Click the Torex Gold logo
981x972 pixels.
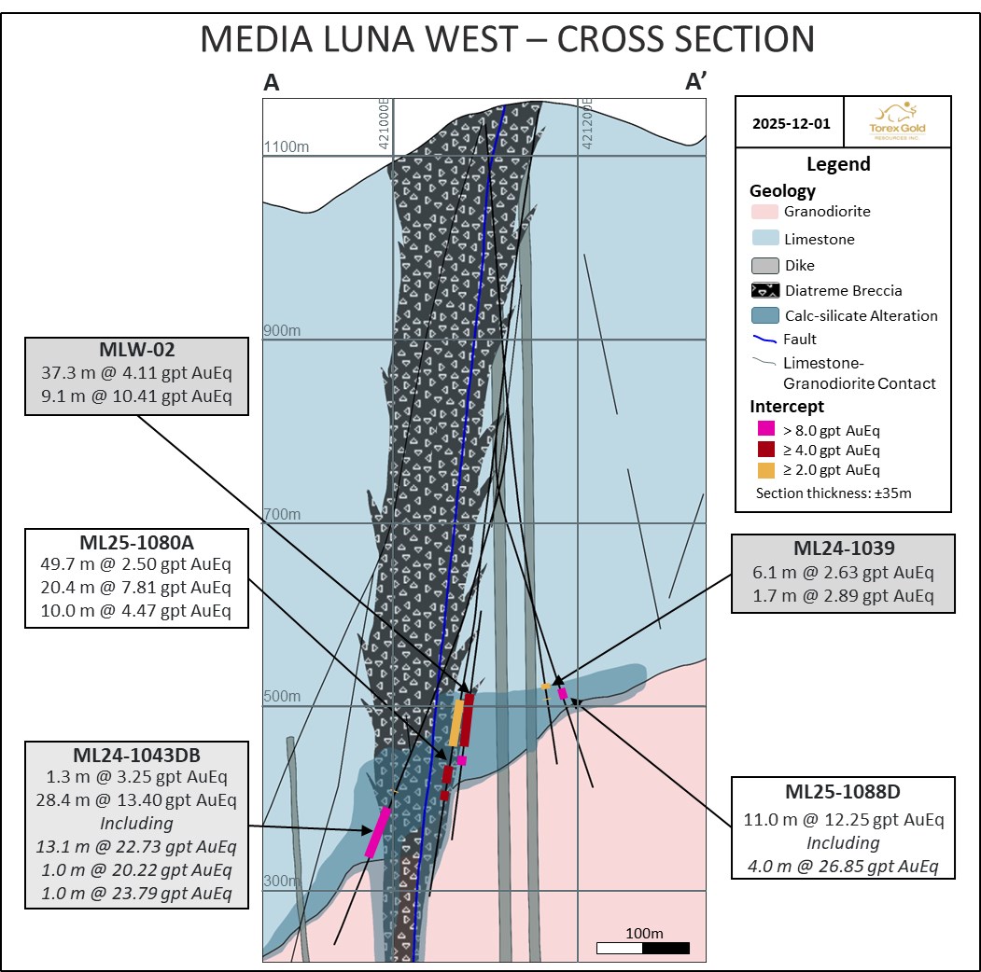click(x=896, y=121)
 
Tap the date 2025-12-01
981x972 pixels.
click(x=789, y=122)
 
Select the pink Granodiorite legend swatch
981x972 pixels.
click(x=764, y=212)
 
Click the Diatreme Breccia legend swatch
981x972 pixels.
click(x=764, y=289)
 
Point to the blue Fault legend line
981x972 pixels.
click(x=764, y=340)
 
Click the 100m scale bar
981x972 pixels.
click(x=643, y=949)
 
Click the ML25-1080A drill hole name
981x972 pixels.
click(x=137, y=544)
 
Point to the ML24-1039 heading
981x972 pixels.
click(x=843, y=550)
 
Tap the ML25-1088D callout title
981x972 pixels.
click(x=843, y=793)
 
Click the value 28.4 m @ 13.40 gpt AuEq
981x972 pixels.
click(x=137, y=800)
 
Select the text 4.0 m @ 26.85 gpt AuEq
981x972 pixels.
click(x=843, y=866)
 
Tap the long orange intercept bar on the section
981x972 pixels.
click(x=456, y=723)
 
